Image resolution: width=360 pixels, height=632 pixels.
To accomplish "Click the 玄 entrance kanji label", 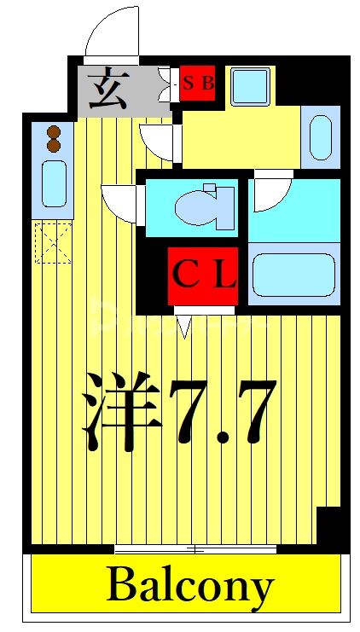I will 109,89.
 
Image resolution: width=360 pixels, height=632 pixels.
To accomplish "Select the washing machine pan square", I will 250,85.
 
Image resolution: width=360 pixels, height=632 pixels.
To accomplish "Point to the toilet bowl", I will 205,207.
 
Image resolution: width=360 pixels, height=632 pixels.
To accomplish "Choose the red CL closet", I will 203,275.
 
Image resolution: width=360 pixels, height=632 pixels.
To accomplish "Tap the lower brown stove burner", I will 54,145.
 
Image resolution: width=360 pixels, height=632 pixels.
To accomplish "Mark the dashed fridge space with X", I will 52,241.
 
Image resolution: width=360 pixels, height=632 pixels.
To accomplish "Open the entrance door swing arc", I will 111,32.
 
